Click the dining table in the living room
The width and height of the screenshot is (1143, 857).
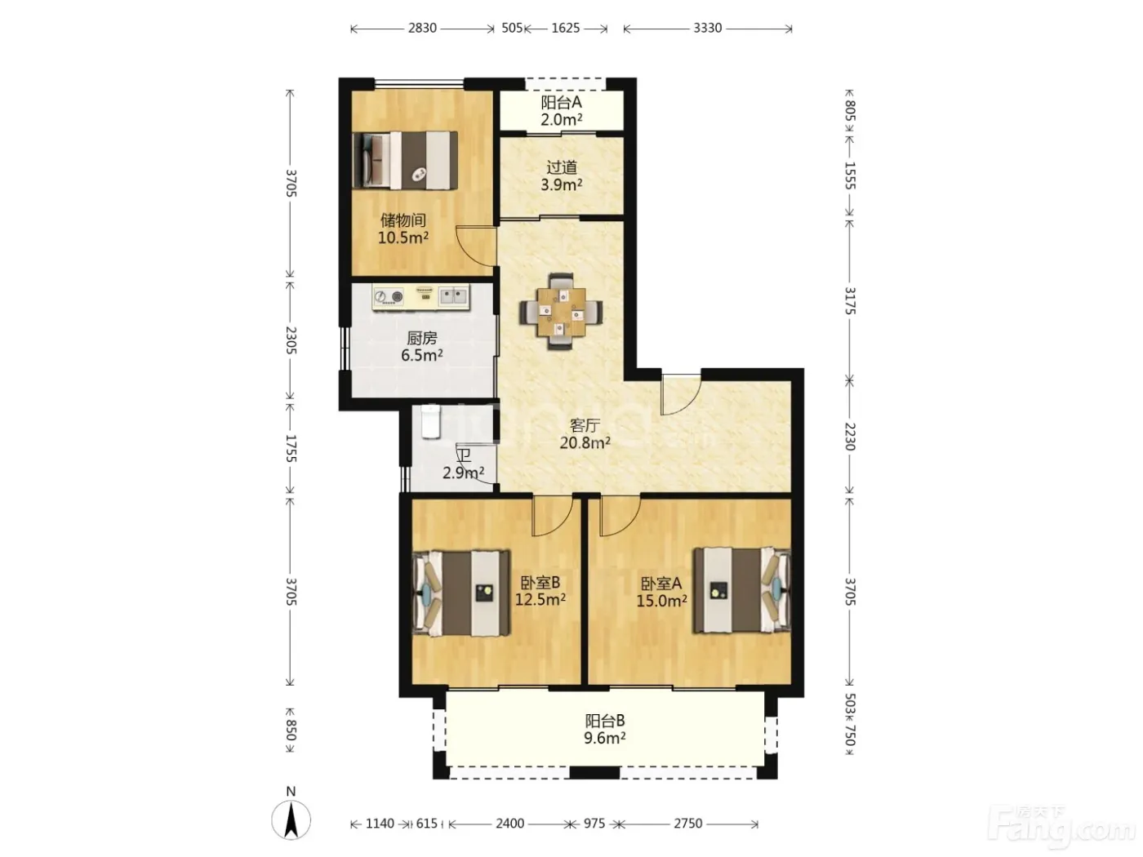(x=561, y=312)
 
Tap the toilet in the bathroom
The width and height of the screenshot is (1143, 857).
(x=432, y=422)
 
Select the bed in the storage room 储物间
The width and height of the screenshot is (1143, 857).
(x=405, y=160)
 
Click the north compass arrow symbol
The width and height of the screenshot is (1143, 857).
(x=291, y=820)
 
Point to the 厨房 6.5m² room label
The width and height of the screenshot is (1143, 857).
(x=422, y=347)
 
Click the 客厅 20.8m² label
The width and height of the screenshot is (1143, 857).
(x=585, y=434)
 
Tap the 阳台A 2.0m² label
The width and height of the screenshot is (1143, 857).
(x=562, y=111)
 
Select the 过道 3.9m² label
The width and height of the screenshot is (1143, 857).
(x=562, y=175)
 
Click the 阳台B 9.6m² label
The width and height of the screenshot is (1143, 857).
(x=605, y=729)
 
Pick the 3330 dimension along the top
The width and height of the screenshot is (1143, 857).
(x=707, y=28)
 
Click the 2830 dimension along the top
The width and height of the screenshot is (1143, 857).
(x=422, y=28)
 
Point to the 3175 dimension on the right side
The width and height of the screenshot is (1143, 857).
(x=849, y=300)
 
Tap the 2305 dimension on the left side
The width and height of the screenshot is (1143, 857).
(x=291, y=340)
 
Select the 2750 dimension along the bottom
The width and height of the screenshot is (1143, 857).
(x=688, y=824)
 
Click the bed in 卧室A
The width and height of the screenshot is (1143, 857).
(x=741, y=589)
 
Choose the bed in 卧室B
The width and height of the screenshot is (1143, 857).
(x=460, y=593)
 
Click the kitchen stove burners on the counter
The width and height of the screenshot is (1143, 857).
(x=389, y=297)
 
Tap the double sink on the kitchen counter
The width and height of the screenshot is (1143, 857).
(x=454, y=296)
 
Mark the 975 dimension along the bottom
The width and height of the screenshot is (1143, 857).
(x=594, y=824)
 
